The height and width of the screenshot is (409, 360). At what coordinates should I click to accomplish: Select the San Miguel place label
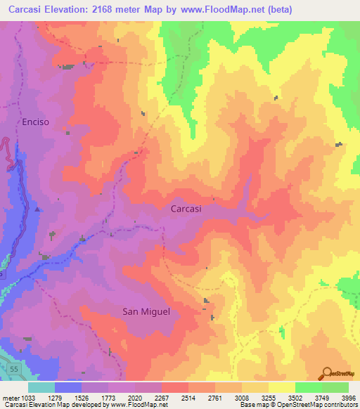click(146, 311)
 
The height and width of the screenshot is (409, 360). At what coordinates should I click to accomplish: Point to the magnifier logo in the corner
click(326, 373)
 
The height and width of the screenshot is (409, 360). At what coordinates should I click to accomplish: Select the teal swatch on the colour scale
click(41, 387)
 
